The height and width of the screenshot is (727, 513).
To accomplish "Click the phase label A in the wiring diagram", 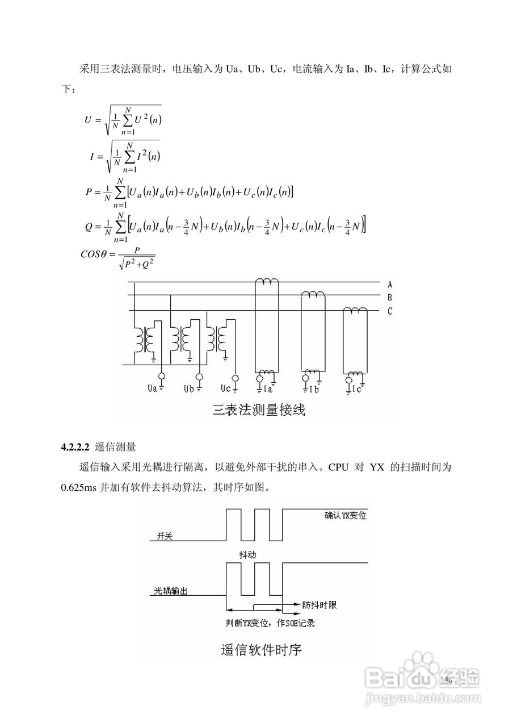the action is pos(390,283).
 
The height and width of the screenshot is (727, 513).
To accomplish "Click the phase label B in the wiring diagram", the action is pos(390,297).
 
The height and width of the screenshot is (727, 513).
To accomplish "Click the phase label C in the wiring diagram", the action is pos(390,311).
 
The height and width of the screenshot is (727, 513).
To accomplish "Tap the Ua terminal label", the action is pos(153,390).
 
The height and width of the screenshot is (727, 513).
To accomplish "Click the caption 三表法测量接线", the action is pos(259,410).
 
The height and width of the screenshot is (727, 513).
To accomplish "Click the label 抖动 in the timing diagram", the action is pos(242,553).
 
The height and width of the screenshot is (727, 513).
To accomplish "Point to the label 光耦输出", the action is pos(171,591).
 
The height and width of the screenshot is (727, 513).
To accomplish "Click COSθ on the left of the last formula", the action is pos(94,253).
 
